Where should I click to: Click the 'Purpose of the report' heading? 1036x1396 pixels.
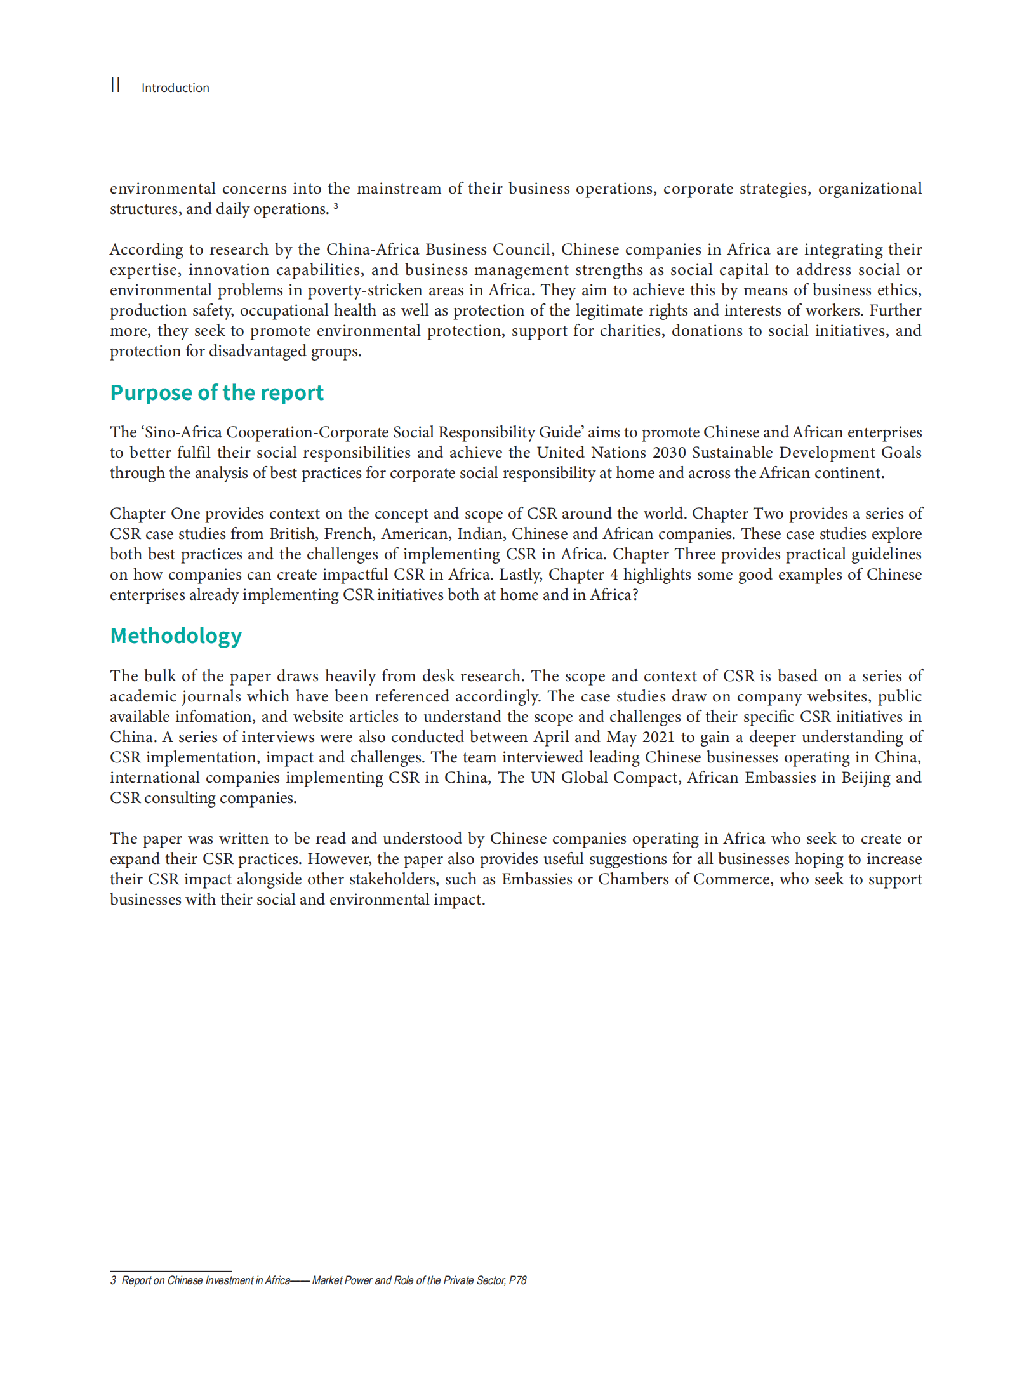216,392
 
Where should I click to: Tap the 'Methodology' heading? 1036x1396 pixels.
176,635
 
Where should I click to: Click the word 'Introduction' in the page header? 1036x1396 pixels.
175,88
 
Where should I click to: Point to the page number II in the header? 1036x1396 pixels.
115,85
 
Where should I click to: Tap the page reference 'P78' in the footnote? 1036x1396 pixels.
517,1280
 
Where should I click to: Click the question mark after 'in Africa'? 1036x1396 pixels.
634,595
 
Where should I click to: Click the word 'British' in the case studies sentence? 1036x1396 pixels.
292,534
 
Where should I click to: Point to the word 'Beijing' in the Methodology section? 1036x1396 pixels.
865,778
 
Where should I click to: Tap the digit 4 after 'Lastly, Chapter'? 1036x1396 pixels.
613,575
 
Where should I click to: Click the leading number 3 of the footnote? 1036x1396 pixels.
113,1280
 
